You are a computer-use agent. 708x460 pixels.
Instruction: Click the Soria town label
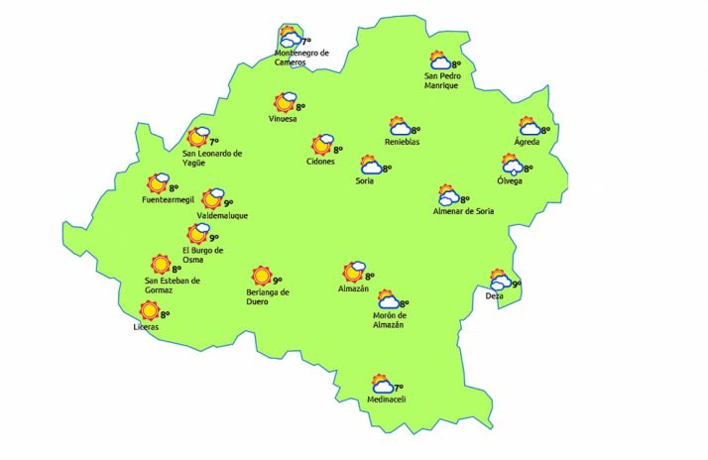[x=366, y=180]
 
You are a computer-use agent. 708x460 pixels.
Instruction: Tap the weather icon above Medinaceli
[x=381, y=385]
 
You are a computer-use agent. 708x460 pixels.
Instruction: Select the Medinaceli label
[x=387, y=400]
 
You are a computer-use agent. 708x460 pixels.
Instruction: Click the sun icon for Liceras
[x=150, y=311]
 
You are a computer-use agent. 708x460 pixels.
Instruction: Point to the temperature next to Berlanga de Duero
[x=278, y=280]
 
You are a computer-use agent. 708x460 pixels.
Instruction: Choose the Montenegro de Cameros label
[x=301, y=57]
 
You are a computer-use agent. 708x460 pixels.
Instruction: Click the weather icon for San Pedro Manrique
[x=439, y=62]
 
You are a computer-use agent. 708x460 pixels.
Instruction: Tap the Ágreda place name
[x=527, y=143]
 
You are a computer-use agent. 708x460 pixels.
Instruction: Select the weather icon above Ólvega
[x=513, y=164]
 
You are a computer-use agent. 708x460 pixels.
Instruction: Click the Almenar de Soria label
[x=464, y=211]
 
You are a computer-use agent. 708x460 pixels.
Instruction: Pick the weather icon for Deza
[x=499, y=281]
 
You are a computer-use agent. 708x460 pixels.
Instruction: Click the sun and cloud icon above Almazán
[x=353, y=272]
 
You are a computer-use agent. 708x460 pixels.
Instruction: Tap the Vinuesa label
[x=283, y=120]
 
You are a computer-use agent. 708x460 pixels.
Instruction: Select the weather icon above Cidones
[x=322, y=146]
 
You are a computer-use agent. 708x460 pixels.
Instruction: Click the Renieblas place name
[x=402, y=143]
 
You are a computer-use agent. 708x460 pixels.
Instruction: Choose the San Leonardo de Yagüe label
[x=212, y=158]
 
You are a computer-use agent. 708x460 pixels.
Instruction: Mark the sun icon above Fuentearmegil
[x=158, y=183]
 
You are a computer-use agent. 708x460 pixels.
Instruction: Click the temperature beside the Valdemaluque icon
[x=228, y=202]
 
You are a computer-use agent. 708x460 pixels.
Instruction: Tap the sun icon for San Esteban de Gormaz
[x=160, y=265]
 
